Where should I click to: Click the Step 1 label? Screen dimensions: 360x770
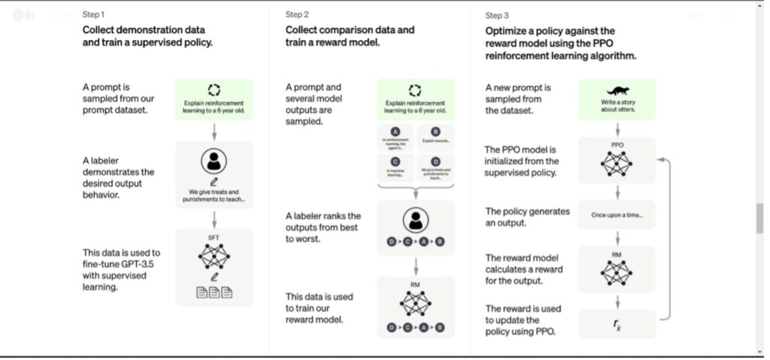click(x=94, y=15)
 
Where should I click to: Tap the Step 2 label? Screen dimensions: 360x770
click(x=297, y=15)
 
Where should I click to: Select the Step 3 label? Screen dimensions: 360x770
click(x=497, y=15)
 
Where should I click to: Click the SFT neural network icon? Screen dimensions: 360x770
click(x=214, y=256)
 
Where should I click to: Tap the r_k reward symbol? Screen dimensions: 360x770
click(x=617, y=323)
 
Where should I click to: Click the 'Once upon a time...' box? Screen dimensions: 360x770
click(x=617, y=214)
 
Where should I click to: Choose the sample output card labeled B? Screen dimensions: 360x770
click(x=436, y=135)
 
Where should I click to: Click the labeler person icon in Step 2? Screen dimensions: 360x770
click(x=415, y=219)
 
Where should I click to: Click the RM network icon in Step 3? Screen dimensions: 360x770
click(x=617, y=271)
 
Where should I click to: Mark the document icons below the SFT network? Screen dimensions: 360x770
click(x=214, y=292)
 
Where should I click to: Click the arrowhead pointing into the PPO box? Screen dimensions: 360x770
click(x=659, y=159)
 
